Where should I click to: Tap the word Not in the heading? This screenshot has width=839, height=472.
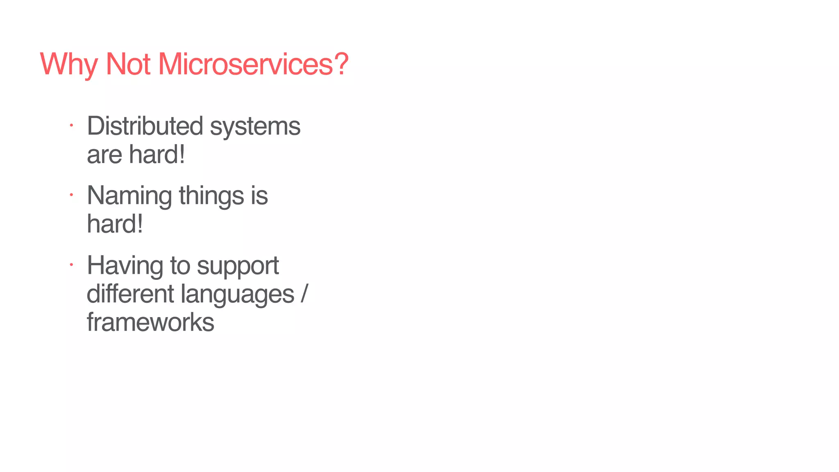pyautogui.click(x=128, y=64)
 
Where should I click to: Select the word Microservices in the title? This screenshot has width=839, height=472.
pyautogui.click(x=245, y=64)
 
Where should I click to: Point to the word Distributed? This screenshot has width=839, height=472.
pyautogui.click(x=145, y=126)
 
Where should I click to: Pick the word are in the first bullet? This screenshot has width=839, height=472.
pyautogui.click(x=104, y=155)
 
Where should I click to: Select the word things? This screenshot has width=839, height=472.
pyautogui.click(x=211, y=196)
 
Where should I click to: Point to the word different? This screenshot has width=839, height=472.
pyautogui.click(x=130, y=294)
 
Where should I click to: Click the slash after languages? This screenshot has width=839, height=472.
pyautogui.click(x=303, y=294)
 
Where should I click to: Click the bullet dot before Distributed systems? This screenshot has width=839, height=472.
pyautogui.click(x=71, y=125)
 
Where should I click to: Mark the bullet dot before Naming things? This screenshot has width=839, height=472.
pyautogui.click(x=71, y=195)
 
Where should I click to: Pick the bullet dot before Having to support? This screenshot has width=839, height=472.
pyautogui.click(x=71, y=265)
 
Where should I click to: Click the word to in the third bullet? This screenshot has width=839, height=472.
pyautogui.click(x=180, y=266)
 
